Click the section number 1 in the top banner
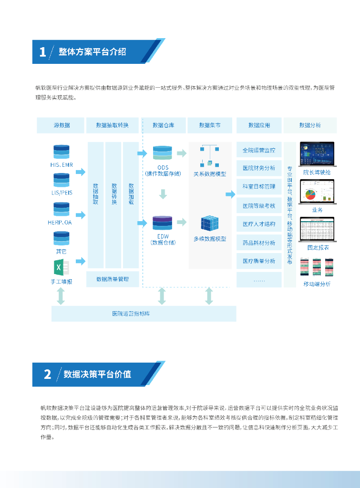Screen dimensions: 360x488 coord(42,52)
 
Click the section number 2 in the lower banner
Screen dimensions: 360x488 coord(47,374)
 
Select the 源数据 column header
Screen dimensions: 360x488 coord(61,125)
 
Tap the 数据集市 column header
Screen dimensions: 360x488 coord(210,125)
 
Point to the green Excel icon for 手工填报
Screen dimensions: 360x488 coord(61,267)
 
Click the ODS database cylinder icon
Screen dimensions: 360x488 coord(163,153)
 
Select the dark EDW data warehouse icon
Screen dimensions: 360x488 coord(162,223)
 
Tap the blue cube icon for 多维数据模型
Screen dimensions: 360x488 coord(209,224)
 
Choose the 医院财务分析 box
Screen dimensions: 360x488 coord(258,168)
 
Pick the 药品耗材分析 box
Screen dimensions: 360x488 coord(258,243)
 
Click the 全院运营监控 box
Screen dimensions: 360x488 coord(258,150)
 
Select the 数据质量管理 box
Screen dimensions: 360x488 coord(113,279)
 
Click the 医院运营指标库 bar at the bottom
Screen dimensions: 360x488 coord(144,314)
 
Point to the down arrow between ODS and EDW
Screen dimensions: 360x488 coord(163,193)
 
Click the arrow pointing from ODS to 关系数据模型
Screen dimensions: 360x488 coord(181,153)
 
